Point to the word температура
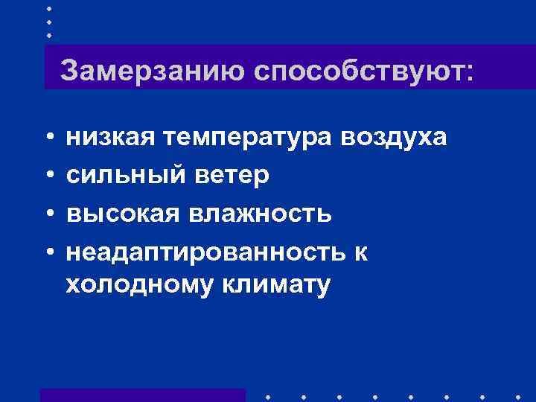249,138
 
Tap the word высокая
123,214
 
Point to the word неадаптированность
201,252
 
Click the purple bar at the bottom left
142,395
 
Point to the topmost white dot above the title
48,8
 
